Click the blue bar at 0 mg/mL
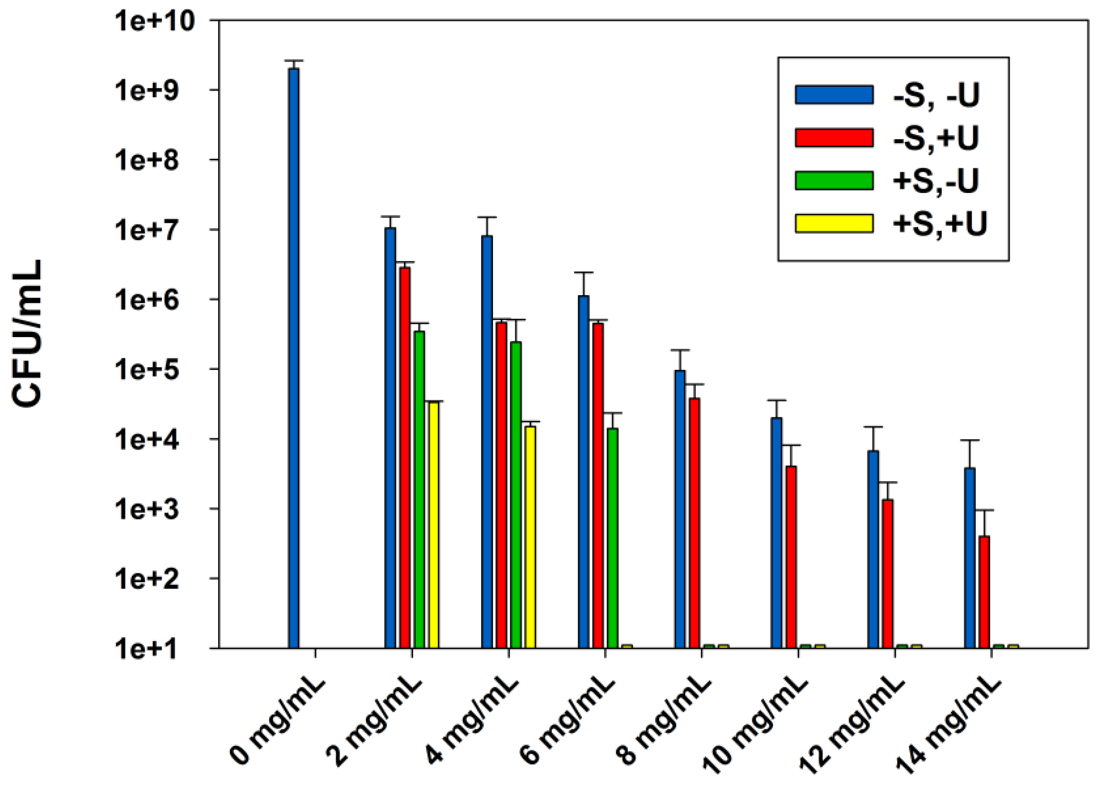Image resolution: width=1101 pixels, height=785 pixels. pos(293,358)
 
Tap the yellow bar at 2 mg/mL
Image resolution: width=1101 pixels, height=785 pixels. pos(434,524)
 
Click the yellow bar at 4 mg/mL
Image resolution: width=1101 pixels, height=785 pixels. pos(530,537)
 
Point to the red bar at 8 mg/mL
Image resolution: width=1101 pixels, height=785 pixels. pos(695,522)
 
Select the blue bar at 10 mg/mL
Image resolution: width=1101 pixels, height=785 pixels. pos(777,532)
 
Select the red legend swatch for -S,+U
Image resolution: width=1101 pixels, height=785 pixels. pos(834,138)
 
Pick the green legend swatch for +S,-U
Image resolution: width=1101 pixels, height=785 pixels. pos(834,180)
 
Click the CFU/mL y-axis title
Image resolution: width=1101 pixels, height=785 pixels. pos(28,333)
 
